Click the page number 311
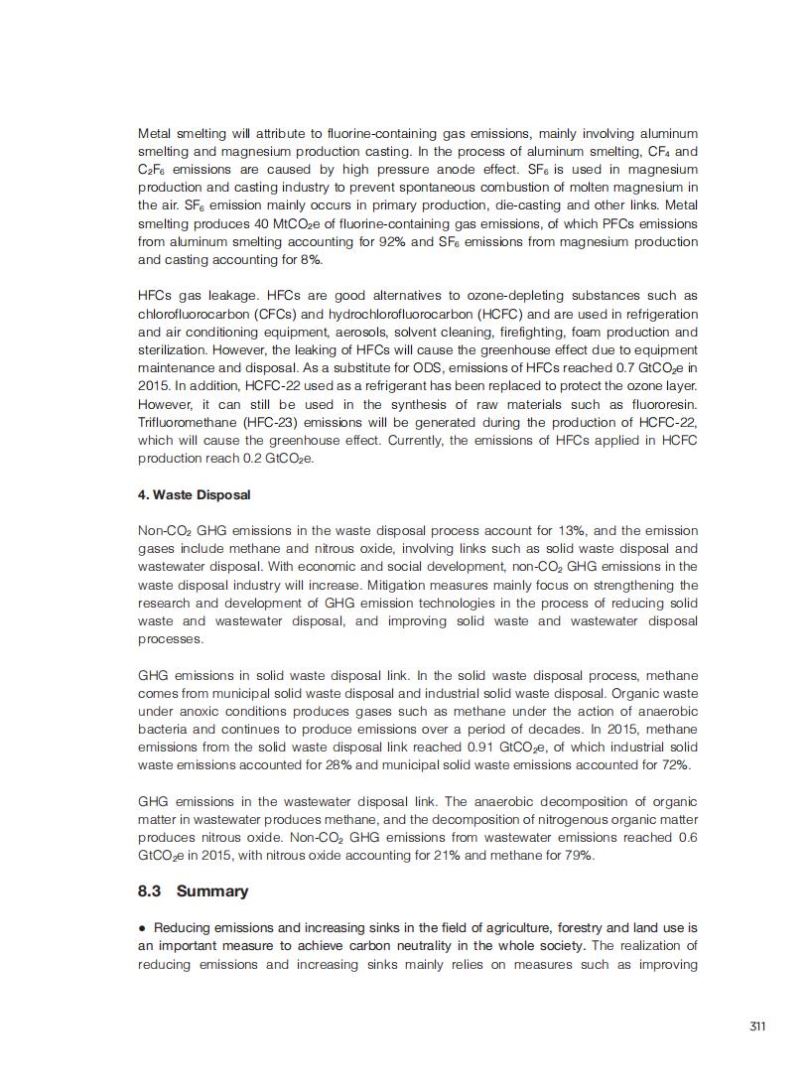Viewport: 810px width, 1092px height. point(757,1025)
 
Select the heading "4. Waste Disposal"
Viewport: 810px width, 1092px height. point(194,494)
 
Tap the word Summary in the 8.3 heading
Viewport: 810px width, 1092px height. point(212,890)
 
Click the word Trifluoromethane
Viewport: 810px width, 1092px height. point(183,423)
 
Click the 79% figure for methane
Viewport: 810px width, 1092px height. point(575,856)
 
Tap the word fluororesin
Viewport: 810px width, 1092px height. point(665,405)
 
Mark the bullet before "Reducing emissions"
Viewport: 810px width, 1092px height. point(143,928)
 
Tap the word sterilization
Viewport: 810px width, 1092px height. point(173,350)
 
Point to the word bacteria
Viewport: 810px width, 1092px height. point(162,729)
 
